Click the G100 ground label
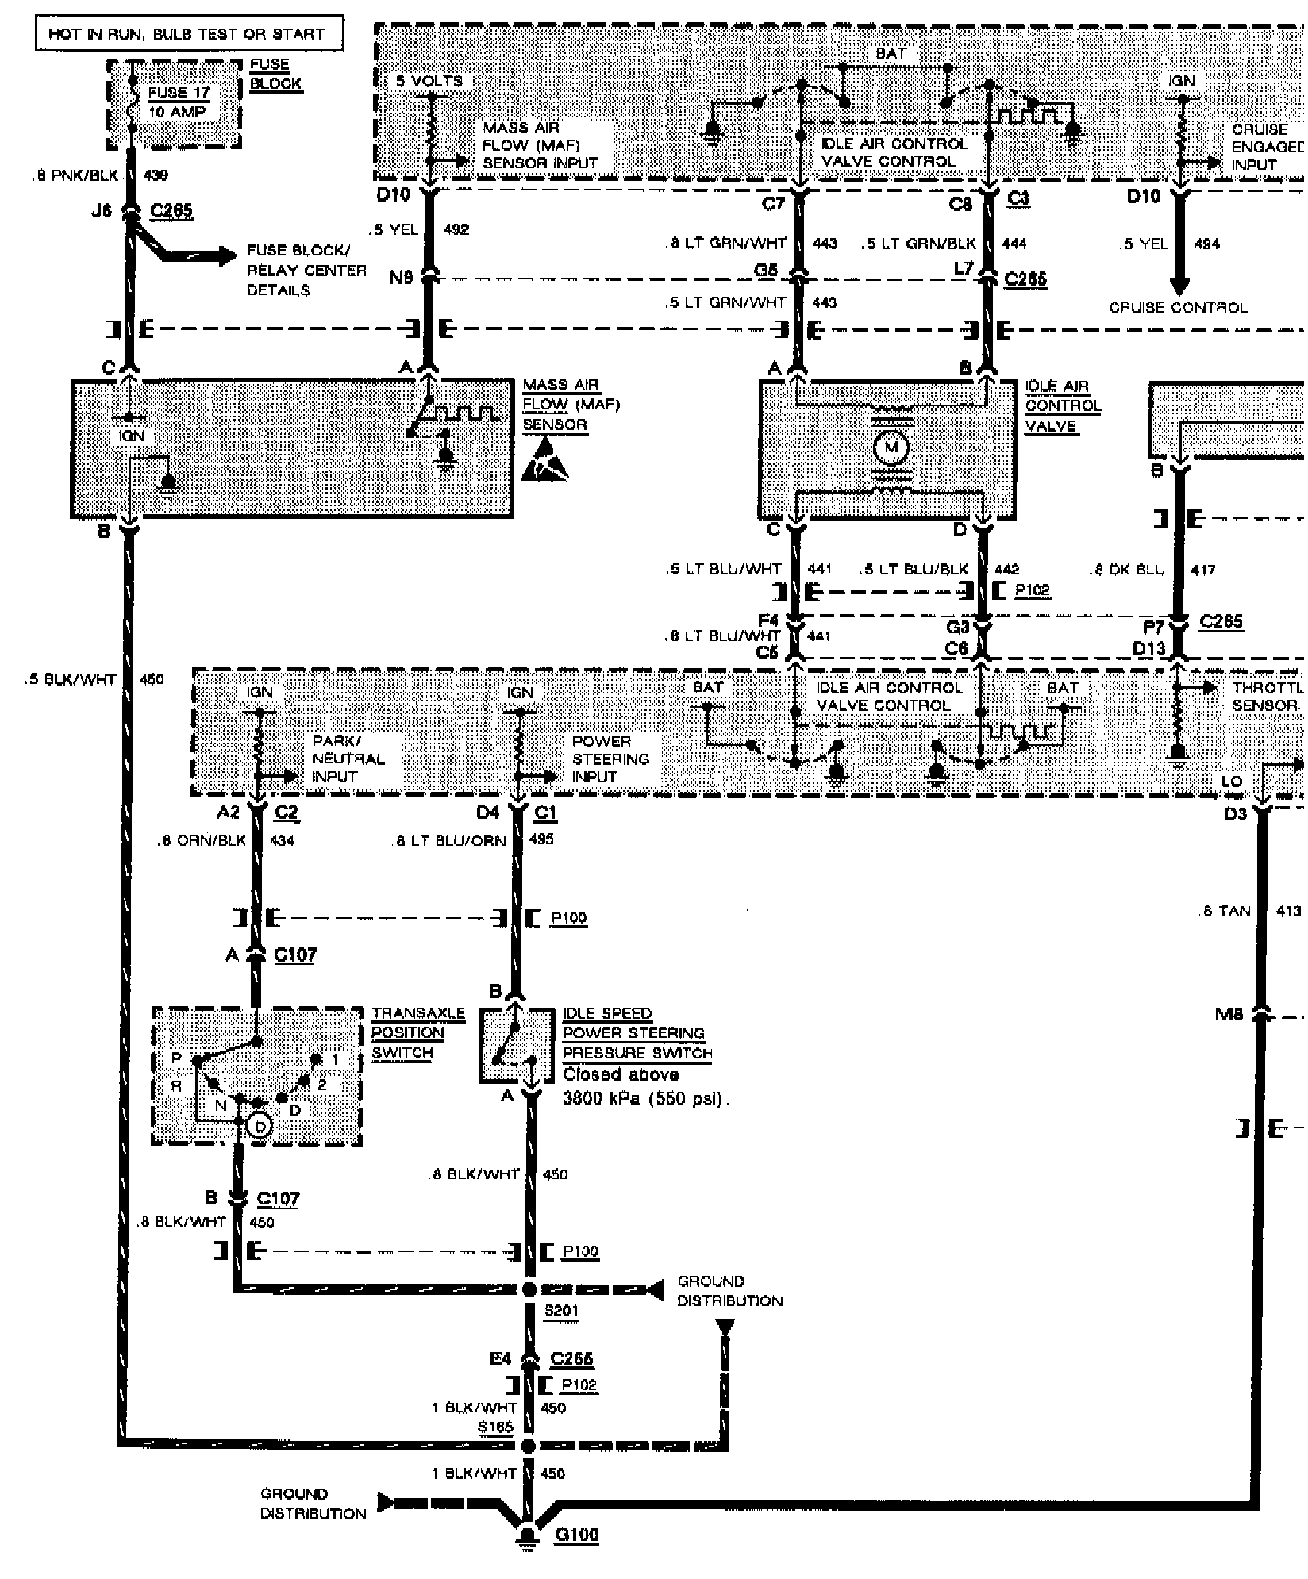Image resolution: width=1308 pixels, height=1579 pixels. [x=576, y=1534]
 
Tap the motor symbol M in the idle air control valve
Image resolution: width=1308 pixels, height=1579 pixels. [x=891, y=448]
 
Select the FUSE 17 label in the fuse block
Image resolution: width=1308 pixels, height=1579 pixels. [x=179, y=93]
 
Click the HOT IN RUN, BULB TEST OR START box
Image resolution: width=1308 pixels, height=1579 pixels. [x=189, y=33]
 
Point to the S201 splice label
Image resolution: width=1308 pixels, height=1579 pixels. [x=560, y=1310]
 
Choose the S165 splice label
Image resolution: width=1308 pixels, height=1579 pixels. [x=494, y=1426]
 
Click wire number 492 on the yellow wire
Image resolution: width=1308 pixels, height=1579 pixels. [x=456, y=229]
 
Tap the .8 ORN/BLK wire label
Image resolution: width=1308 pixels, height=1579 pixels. [x=202, y=840]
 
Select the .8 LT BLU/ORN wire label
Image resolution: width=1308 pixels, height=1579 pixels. [x=448, y=840]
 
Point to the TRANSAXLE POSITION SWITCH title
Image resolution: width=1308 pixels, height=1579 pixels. [x=417, y=1033]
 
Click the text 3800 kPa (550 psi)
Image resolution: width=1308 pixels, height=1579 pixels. [x=645, y=1099]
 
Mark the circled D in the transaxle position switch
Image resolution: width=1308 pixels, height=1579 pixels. [x=260, y=1126]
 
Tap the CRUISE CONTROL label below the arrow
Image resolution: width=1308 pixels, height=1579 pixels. [x=1178, y=307]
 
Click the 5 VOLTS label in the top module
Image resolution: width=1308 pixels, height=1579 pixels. [x=429, y=81]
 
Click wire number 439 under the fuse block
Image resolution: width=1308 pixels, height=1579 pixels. [x=156, y=175]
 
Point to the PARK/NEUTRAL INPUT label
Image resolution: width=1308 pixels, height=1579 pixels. [x=348, y=759]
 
